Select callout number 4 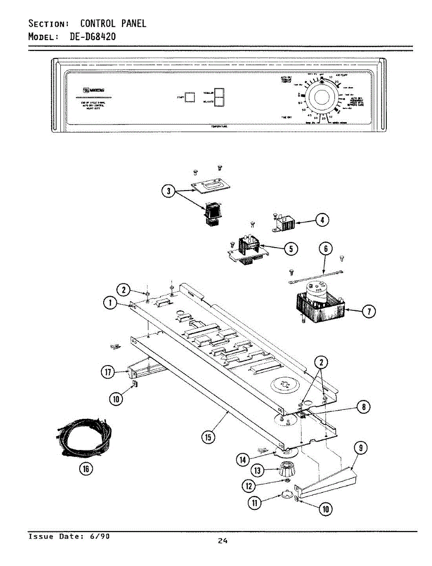coord(322,220)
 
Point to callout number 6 coord(326,248)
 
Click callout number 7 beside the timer coord(369,310)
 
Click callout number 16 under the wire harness coord(86,468)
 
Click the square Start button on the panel coord(190,97)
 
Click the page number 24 coord(222,541)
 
